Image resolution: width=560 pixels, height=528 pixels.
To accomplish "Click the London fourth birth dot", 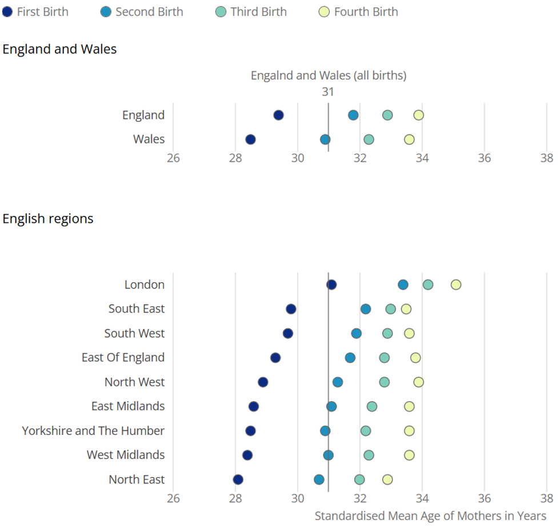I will [x=455, y=285].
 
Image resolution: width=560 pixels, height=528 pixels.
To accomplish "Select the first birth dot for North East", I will [x=238, y=479].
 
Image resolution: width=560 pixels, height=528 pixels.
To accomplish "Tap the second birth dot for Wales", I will [x=325, y=139].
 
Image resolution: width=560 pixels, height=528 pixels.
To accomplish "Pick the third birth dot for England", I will [x=387, y=115].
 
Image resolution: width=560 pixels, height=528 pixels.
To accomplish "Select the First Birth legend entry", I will [x=36, y=12].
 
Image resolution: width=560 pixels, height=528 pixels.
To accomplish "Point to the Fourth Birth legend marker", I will [x=325, y=12].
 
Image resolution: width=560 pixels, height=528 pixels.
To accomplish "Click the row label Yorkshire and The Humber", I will [x=93, y=431].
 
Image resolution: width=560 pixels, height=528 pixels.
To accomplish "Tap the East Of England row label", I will [x=123, y=358].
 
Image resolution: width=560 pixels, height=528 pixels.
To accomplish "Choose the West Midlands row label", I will [x=126, y=455].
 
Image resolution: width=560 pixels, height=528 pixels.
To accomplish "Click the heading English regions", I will [x=48, y=219].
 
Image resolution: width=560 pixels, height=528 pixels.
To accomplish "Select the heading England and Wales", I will [x=59, y=50].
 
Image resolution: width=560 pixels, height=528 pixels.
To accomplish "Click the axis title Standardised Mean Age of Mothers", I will [x=430, y=516].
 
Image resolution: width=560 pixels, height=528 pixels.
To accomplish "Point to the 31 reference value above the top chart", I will [x=327, y=92].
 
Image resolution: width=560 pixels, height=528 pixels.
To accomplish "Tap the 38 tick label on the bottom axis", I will [x=546, y=498].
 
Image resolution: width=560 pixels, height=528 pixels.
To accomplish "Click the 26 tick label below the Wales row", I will [x=173, y=158].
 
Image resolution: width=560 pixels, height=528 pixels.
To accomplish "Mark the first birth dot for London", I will [x=331, y=285].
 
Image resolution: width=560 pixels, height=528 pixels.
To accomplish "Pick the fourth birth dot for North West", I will [x=418, y=382].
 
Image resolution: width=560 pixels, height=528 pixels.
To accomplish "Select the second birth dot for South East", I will [x=366, y=309].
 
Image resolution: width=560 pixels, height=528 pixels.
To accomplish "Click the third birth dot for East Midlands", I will [x=372, y=406].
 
